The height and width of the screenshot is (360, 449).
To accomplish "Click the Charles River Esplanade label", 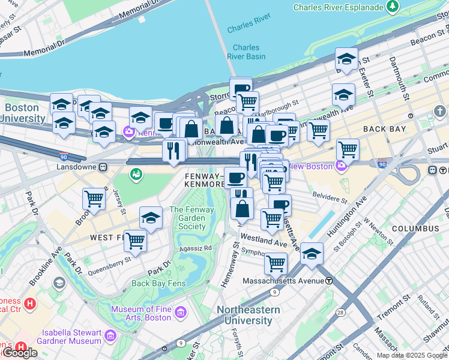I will click(x=338, y=7).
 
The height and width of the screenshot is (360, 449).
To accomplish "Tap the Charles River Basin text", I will click(x=246, y=52).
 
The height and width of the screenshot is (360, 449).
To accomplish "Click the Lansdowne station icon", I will click(x=103, y=166).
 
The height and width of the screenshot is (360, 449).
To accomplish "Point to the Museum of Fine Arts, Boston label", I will click(x=142, y=313).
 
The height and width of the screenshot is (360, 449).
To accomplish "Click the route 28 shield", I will click(x=340, y=313).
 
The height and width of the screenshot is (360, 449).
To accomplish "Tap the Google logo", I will click(x=20, y=352).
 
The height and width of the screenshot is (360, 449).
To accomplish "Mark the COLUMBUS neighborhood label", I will click(x=415, y=229).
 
